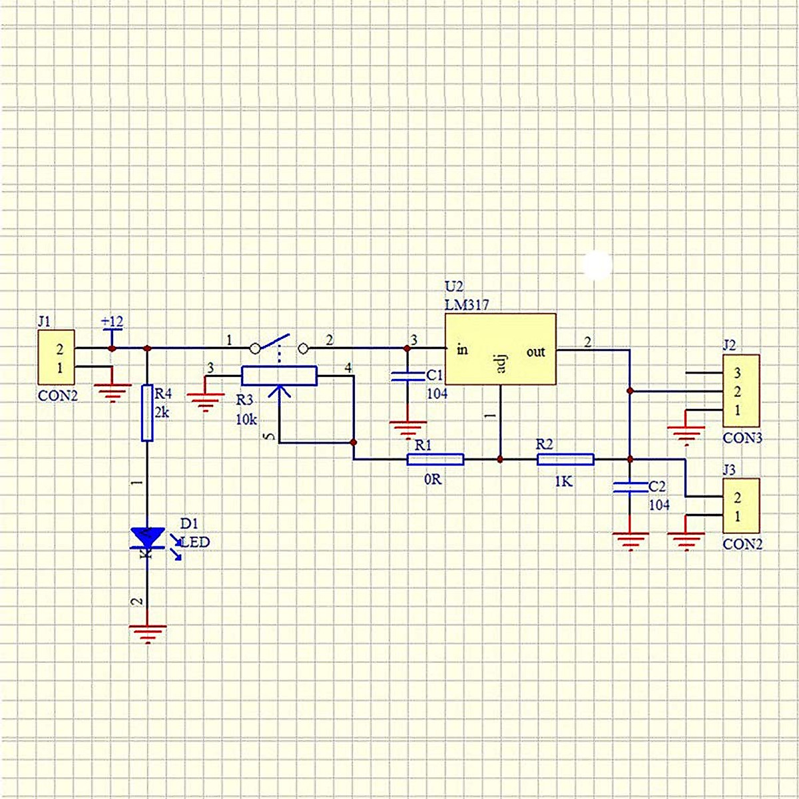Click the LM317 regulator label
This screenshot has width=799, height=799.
(x=467, y=305)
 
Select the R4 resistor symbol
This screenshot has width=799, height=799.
(x=147, y=413)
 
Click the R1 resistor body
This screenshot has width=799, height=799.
(x=435, y=459)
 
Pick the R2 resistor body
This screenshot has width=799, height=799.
(x=565, y=459)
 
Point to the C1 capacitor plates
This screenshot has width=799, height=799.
(x=406, y=376)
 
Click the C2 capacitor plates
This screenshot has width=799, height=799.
(x=630, y=487)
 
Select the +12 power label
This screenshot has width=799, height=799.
(x=112, y=322)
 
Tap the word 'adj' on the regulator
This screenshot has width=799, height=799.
(x=501, y=362)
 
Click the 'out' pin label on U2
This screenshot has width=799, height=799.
(x=535, y=352)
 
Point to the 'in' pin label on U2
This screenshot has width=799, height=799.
(x=462, y=350)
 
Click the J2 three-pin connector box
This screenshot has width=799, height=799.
(x=741, y=391)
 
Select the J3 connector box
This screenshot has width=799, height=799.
(x=741, y=506)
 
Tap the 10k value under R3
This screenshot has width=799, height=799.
(x=246, y=419)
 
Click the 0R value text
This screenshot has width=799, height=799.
(x=433, y=479)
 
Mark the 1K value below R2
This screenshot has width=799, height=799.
(x=563, y=481)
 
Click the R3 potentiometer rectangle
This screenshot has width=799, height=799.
(x=279, y=376)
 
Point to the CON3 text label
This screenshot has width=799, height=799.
(x=742, y=438)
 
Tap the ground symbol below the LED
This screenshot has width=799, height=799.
(x=147, y=633)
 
